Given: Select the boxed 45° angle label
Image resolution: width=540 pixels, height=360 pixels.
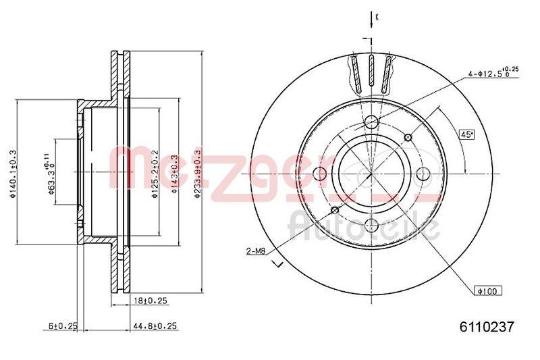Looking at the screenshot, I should click(x=466, y=134).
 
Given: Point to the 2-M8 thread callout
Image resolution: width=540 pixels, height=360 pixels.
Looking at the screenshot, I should click(x=255, y=251).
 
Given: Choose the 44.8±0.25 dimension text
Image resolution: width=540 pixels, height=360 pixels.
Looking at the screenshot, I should click(x=155, y=326).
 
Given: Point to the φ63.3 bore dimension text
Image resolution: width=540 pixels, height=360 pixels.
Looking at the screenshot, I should click(x=51, y=175).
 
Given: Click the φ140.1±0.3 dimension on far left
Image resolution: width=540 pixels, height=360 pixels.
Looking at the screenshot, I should click(x=11, y=175).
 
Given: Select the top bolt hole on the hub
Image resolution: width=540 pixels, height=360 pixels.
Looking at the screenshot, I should click(x=371, y=122).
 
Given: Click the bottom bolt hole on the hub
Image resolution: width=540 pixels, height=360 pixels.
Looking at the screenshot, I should click(x=371, y=226).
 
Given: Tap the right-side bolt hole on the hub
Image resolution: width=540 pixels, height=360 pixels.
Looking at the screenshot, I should click(x=423, y=174).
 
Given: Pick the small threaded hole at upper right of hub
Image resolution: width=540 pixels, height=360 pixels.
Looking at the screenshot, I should click(x=408, y=138).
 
